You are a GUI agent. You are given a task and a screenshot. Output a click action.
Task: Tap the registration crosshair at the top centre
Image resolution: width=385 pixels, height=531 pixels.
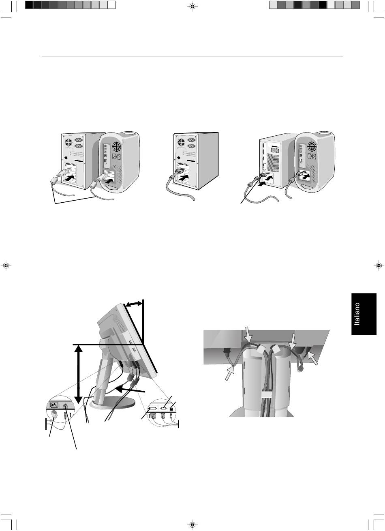pyautogui.click(x=192, y=6)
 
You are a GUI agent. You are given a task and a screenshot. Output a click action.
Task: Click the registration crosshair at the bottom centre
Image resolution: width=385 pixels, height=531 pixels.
pyautogui.click(x=192, y=525)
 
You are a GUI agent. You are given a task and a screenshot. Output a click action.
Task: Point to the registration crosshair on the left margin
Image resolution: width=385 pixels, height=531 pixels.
pyautogui.click(x=6, y=265)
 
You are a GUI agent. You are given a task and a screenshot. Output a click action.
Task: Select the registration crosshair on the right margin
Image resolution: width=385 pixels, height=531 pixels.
pyautogui.click(x=379, y=265)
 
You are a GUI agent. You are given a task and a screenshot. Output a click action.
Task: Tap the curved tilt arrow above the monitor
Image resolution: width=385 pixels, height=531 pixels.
pyautogui.click(x=134, y=304)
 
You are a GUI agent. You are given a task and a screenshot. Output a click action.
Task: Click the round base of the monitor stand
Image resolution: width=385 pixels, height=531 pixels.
pyautogui.click(x=113, y=403)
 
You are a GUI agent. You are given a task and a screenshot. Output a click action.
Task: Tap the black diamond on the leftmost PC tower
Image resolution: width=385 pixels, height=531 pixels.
pyautogui.click(x=66, y=158)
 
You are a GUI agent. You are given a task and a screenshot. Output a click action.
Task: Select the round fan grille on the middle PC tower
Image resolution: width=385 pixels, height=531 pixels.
pyautogui.click(x=181, y=142)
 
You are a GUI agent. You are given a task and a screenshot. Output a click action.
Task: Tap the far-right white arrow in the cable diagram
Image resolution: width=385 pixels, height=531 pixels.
pyautogui.click(x=312, y=358)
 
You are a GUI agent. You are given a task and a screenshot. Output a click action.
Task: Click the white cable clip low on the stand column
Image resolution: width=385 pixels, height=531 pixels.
pyautogui.click(x=266, y=394)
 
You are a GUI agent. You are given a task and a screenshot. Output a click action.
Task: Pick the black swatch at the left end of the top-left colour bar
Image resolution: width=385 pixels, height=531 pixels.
pyautogui.click(x=29, y=5)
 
